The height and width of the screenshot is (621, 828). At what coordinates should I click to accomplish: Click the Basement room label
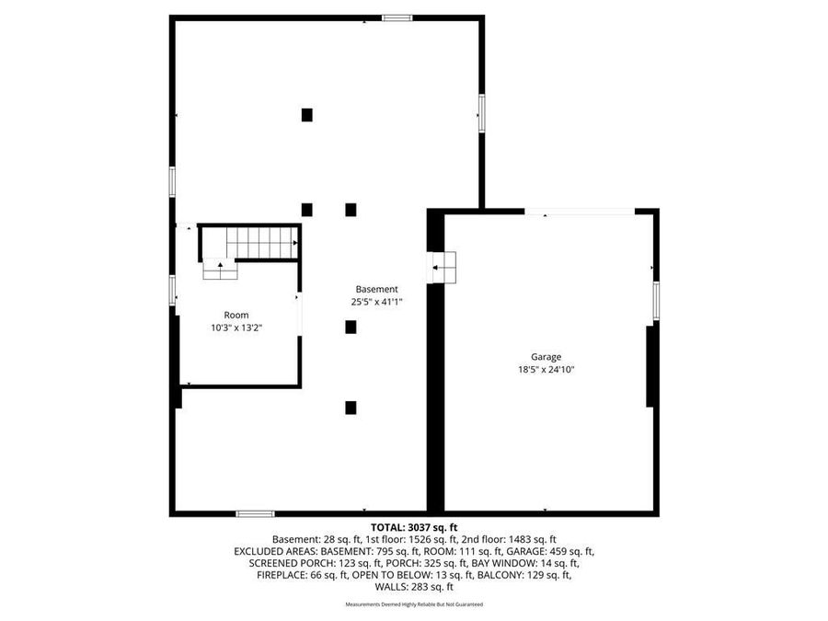coord(376,289)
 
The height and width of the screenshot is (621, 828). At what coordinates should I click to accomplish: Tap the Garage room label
coord(546,357)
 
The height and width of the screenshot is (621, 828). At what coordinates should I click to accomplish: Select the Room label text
coord(236,315)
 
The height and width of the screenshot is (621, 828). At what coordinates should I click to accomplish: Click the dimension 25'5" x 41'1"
coord(376,302)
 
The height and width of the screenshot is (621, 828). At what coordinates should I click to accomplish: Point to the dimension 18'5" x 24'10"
coord(546,370)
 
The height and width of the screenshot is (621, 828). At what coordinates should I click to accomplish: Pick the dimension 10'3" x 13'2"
coord(236,328)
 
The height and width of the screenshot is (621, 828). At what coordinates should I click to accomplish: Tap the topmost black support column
coord(306,115)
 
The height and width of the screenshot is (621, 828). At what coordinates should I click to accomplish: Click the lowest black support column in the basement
coord(351,408)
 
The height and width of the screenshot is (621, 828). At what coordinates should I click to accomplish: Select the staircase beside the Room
coord(261,243)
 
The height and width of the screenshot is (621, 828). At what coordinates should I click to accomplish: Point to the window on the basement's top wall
coord(397,17)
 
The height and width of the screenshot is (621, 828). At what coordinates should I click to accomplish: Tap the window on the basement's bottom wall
coord(255,513)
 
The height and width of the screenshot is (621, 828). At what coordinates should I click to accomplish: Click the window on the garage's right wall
coord(656,301)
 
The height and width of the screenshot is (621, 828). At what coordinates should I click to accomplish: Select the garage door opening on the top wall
coord(580,212)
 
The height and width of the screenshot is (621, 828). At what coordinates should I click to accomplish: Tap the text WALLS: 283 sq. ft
coord(413,587)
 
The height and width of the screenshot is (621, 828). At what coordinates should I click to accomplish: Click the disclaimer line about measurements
coord(413,604)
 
